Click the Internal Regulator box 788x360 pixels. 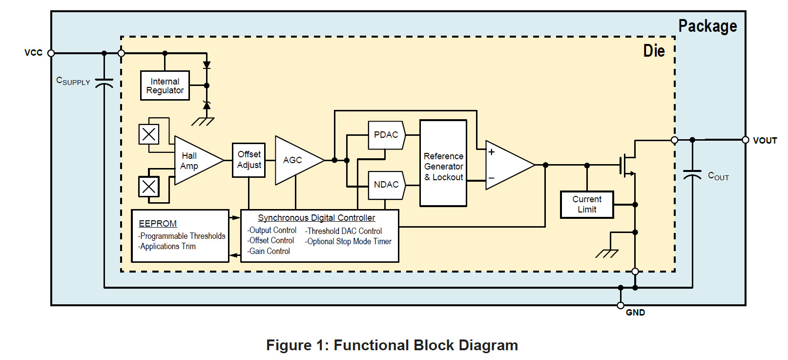pyautogui.click(x=165, y=86)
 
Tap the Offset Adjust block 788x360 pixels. pyautogui.click(x=249, y=160)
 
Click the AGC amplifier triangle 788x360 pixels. pyautogui.click(x=295, y=160)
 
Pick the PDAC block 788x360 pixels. pyautogui.click(x=386, y=135)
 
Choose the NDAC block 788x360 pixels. pyautogui.click(x=386, y=185)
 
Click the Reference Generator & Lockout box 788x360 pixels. pyautogui.click(x=443, y=164)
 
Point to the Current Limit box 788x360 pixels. pyautogui.click(x=587, y=205)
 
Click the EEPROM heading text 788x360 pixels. pyautogui.click(x=158, y=224)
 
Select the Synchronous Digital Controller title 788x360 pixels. pyautogui.click(x=316, y=218)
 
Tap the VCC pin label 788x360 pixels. pyautogui.click(x=33, y=53)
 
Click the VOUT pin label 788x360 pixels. pyautogui.click(x=765, y=141)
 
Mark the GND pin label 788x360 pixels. pyautogui.click(x=635, y=313)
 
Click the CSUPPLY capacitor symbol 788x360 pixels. pyautogui.click(x=104, y=83)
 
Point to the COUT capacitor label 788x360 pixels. pyautogui.click(x=718, y=176)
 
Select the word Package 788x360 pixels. pyautogui.click(x=707, y=26)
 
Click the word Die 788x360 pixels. pyautogui.click(x=654, y=51)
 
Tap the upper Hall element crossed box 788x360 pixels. pyautogui.click(x=149, y=134)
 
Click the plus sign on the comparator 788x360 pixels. pyautogui.click(x=492, y=152)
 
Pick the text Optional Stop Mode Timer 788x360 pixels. pyautogui.click(x=349, y=241)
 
